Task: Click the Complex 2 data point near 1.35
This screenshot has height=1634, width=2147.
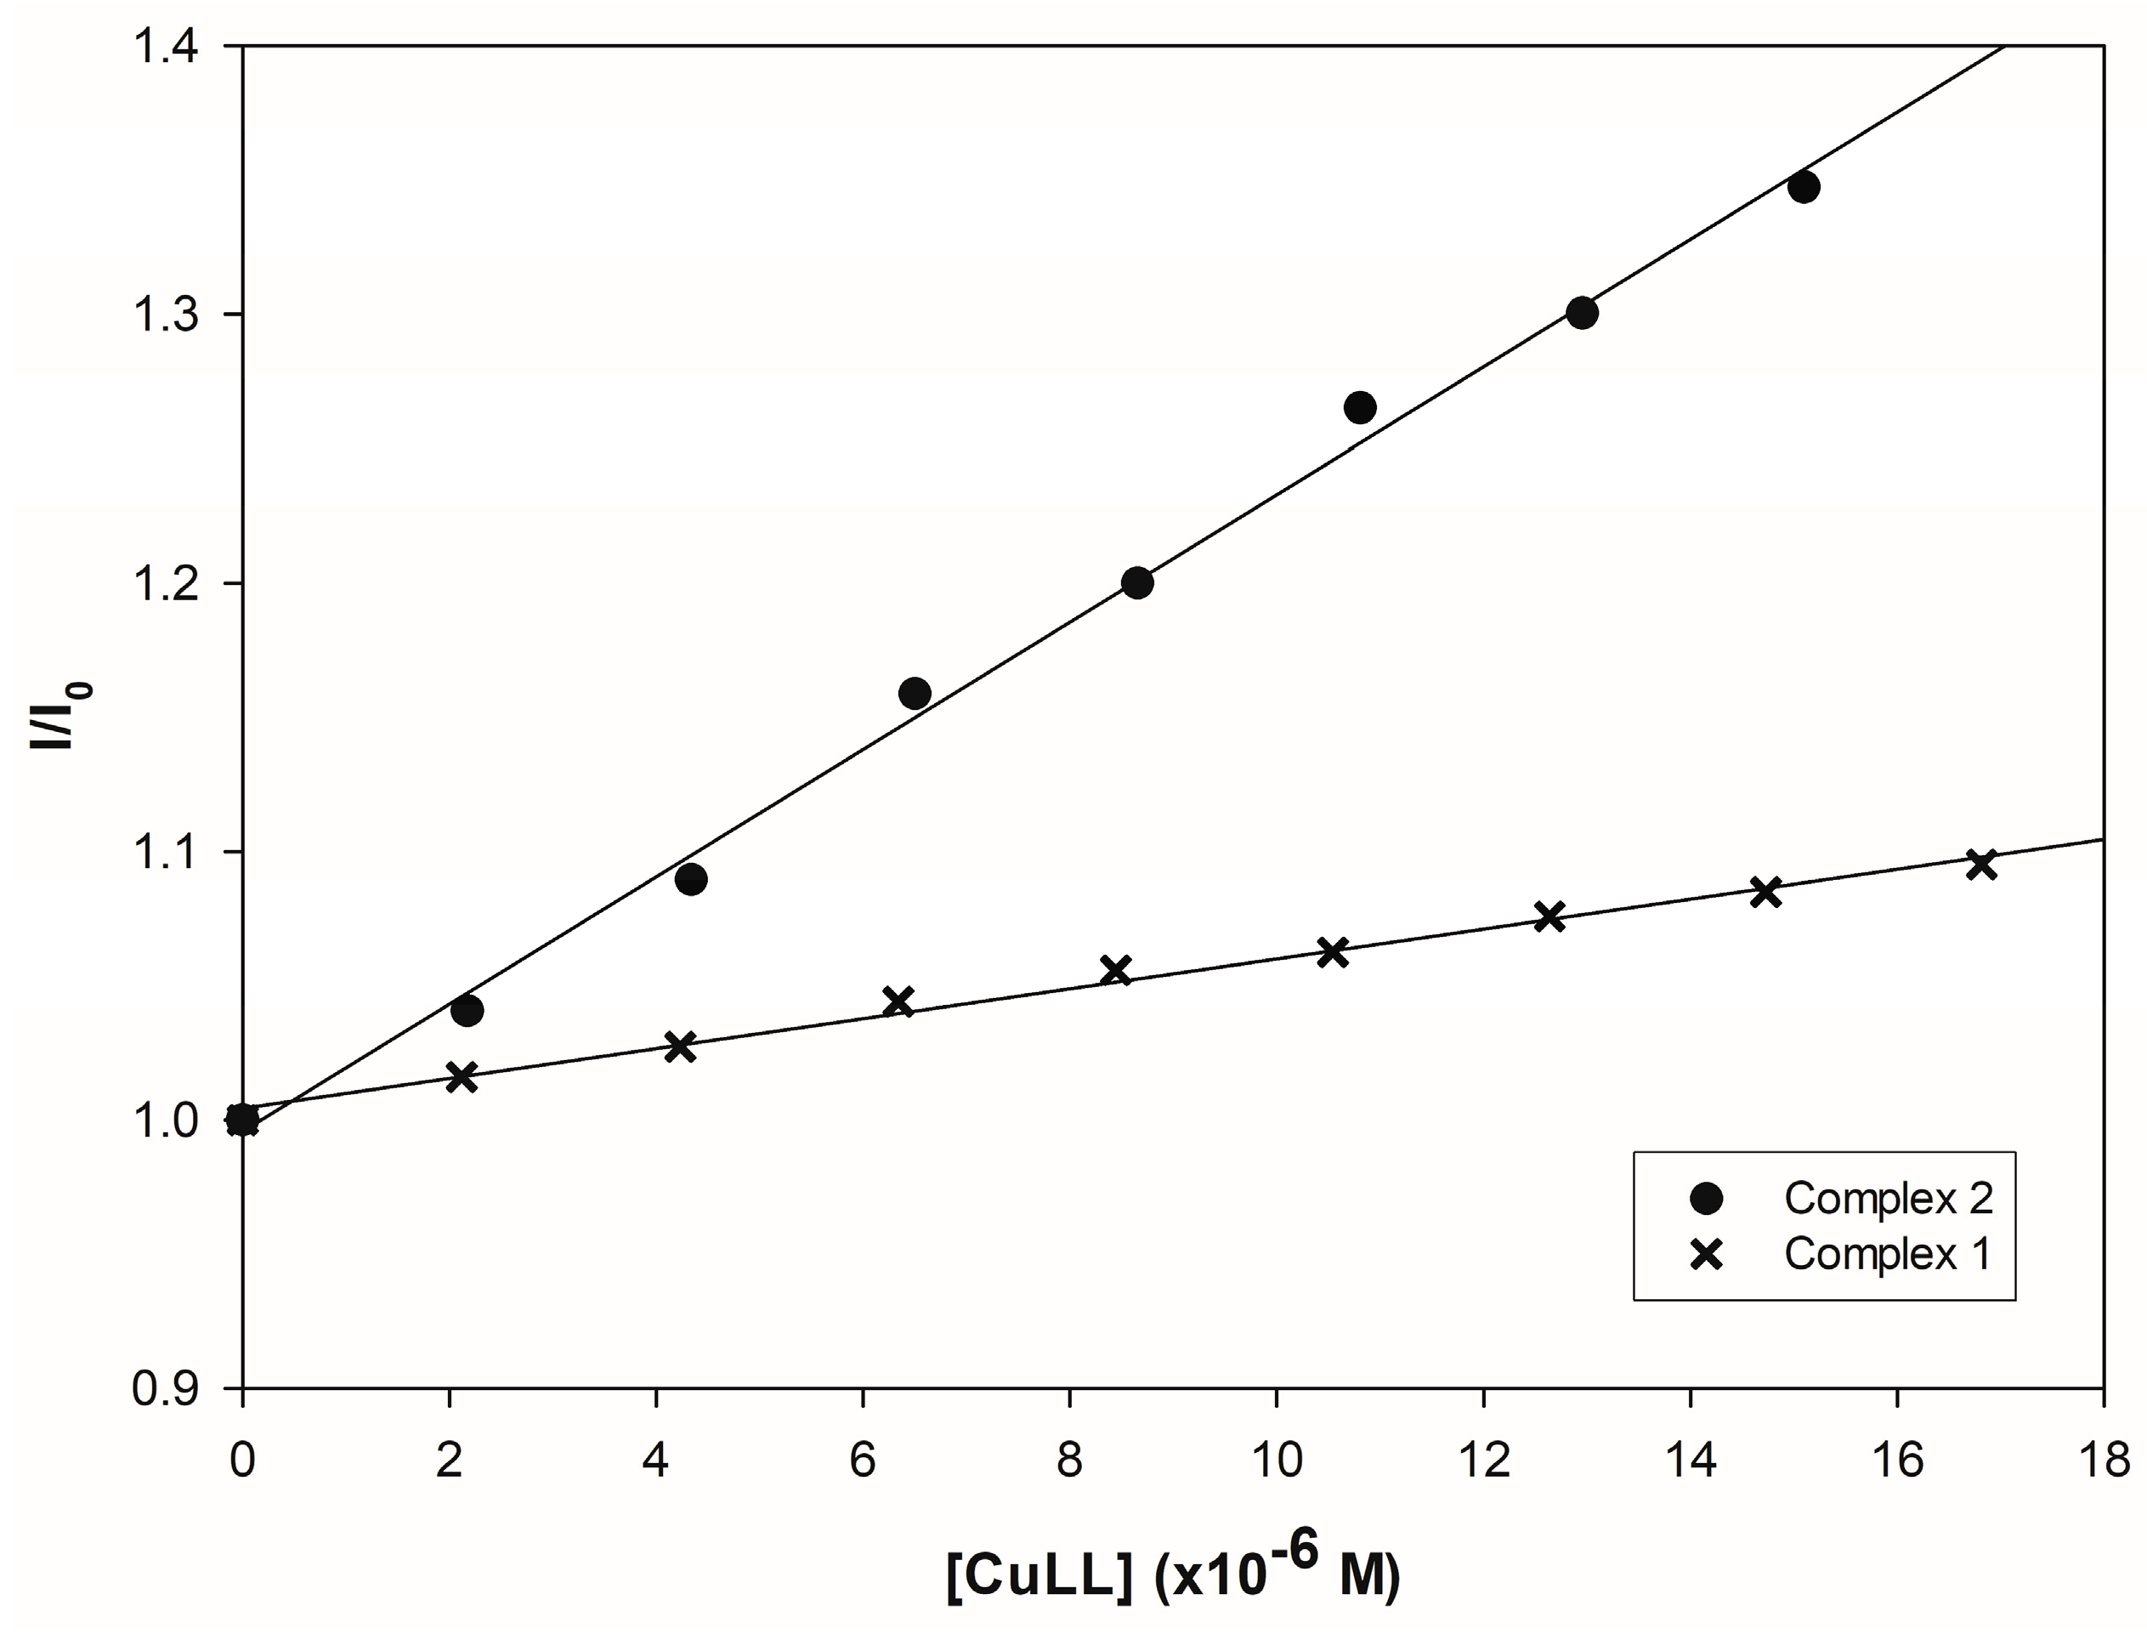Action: click(x=1803, y=187)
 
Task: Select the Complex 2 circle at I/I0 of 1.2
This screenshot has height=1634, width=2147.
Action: click(x=1136, y=582)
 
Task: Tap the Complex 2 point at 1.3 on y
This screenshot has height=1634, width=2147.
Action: click(x=1582, y=313)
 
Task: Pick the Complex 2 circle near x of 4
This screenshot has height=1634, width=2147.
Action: click(x=690, y=880)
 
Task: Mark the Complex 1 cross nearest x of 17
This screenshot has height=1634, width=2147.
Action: click(x=1980, y=864)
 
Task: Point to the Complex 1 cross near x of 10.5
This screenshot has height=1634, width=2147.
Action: click(x=1332, y=953)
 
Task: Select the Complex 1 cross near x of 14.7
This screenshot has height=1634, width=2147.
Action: click(x=1766, y=892)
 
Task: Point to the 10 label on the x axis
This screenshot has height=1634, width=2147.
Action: click(x=1276, y=1462)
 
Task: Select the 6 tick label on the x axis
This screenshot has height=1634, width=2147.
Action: click(x=863, y=1462)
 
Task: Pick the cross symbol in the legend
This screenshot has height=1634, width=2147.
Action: click(x=1707, y=1255)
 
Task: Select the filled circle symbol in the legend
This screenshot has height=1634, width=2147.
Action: click(x=1707, y=1198)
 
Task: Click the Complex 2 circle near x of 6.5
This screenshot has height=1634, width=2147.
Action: click(x=914, y=694)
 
